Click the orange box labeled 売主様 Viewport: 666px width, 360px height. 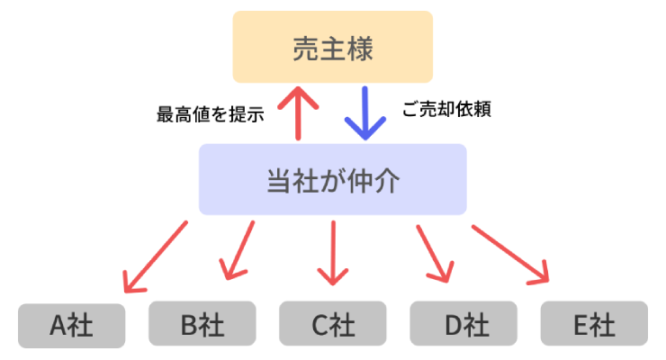point(333,47)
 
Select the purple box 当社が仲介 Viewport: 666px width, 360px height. point(333,180)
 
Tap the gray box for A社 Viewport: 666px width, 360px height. point(72,324)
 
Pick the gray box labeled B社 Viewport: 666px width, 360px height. point(202,324)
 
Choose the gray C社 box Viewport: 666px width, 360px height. point(333,324)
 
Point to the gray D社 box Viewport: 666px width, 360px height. point(463,324)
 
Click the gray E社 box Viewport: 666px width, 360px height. point(594,324)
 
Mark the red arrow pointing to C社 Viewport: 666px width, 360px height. point(333,252)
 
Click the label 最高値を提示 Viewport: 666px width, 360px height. point(210,114)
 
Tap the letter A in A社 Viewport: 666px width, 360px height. point(58,325)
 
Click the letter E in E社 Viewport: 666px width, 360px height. point(581,325)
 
